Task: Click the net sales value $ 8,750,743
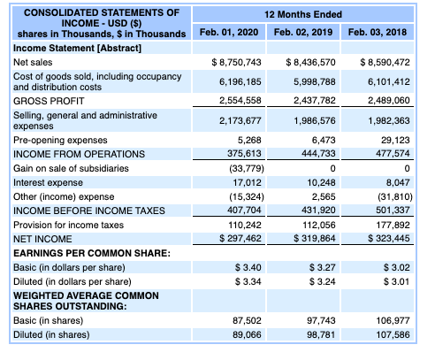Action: click(x=237, y=63)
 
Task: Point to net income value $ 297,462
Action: click(x=237, y=239)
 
